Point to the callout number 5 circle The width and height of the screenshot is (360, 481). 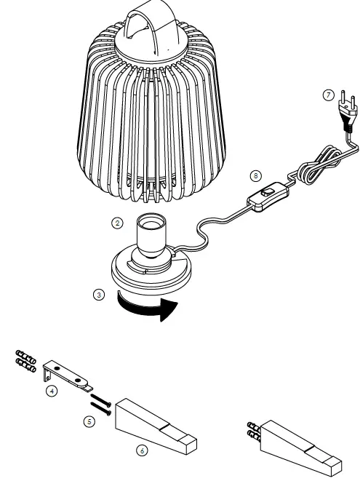tap(89, 421)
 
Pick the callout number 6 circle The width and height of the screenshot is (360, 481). tap(142, 451)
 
